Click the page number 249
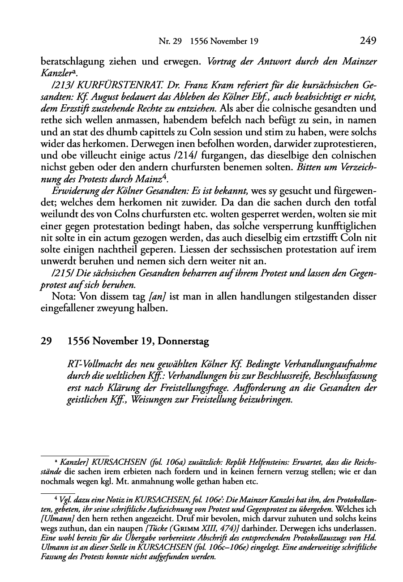tap(367, 41)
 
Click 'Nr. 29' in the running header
tap(169, 42)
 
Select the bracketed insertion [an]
tap(157, 297)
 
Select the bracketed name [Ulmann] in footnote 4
tap(56, 518)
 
